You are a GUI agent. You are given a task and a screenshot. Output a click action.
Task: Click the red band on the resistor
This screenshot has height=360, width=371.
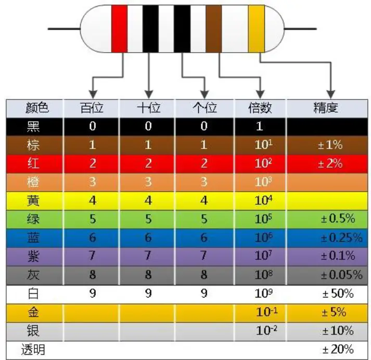point(120,29)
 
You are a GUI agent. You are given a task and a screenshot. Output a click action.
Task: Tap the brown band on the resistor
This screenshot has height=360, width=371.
point(214,29)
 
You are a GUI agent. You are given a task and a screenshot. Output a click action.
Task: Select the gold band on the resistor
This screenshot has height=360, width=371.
point(257,29)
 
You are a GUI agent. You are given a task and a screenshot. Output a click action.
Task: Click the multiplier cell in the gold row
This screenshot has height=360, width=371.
point(260,312)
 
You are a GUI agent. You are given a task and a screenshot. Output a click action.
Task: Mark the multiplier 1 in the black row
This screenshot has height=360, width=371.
point(260,126)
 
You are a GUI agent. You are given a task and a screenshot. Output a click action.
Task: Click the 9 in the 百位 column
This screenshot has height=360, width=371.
point(93,293)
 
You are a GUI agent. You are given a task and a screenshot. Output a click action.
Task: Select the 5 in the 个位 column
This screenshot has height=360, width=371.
point(203,219)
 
